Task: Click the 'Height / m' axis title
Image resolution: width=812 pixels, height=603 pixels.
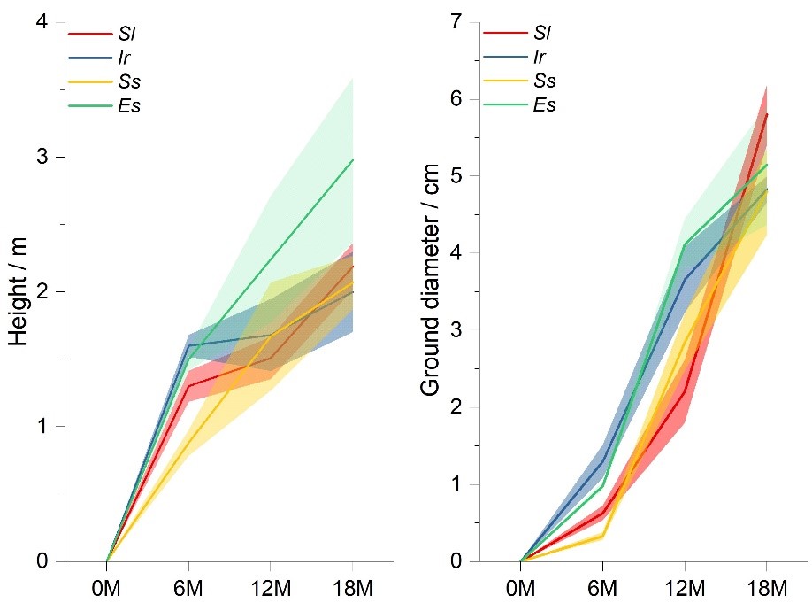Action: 19,292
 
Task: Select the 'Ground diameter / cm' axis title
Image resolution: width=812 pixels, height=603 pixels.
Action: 431,292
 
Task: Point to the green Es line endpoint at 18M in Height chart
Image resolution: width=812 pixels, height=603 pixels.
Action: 353,160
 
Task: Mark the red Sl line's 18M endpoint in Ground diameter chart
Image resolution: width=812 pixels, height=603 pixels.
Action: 766,114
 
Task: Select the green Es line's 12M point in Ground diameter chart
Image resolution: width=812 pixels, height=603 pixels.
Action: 685,244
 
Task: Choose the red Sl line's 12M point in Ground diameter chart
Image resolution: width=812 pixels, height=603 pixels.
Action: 685,391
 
